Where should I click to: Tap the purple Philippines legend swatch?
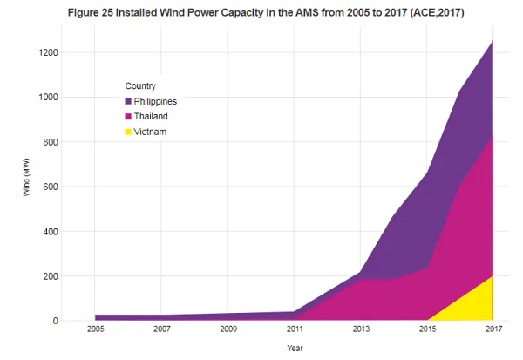tap(128, 102)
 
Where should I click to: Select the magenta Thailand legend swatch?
tap(128, 117)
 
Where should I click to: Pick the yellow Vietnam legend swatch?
tap(128, 132)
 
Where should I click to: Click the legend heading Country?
tap(140, 85)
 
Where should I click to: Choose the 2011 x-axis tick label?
tap(294, 329)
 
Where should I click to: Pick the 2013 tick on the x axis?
tap(361, 329)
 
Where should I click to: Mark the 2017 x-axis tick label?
tap(493, 329)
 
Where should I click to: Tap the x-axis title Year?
tap(297, 347)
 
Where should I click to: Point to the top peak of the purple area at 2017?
tap(493, 41)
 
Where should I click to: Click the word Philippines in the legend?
tap(155, 102)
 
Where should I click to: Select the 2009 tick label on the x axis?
tap(228, 329)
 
